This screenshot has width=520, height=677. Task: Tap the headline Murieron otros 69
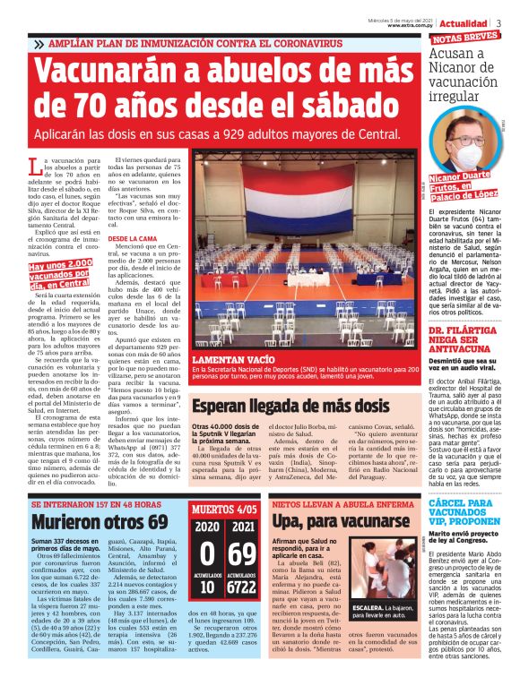point(87,520)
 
